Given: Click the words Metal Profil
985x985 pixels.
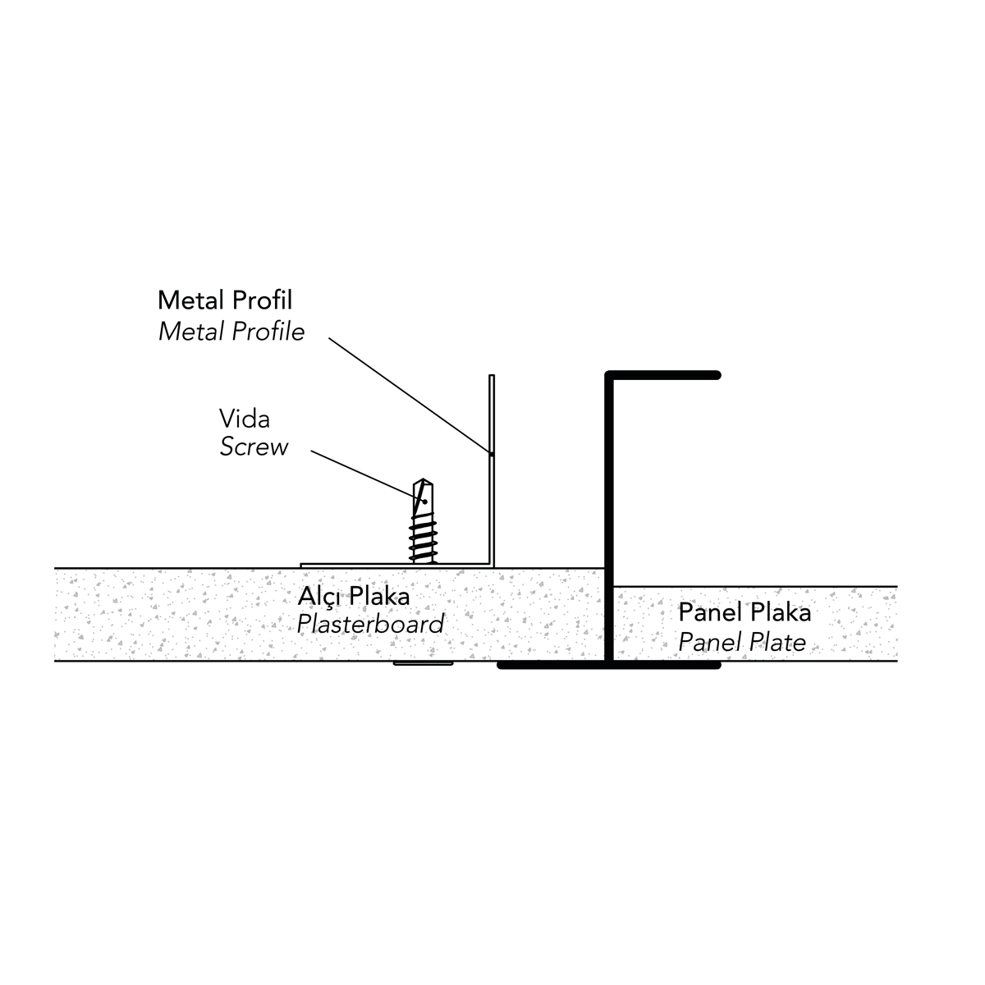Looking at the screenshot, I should (x=224, y=300).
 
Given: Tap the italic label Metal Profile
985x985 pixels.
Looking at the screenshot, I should (x=231, y=332).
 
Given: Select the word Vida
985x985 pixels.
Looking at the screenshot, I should (x=244, y=419).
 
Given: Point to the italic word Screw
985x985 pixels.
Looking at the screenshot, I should (x=254, y=447).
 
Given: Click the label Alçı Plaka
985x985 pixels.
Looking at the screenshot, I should (x=353, y=596).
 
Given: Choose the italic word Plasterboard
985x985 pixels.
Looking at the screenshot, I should (x=370, y=624).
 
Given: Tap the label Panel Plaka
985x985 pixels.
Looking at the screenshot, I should (x=744, y=612).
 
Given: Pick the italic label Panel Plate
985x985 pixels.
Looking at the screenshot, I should (x=742, y=641).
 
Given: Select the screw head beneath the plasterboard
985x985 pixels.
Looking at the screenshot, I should (x=423, y=663).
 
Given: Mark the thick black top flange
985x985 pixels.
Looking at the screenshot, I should (x=665, y=376).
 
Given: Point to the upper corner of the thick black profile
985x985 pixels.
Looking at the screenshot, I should (x=610, y=377).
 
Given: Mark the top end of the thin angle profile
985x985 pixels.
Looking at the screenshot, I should (x=492, y=377).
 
